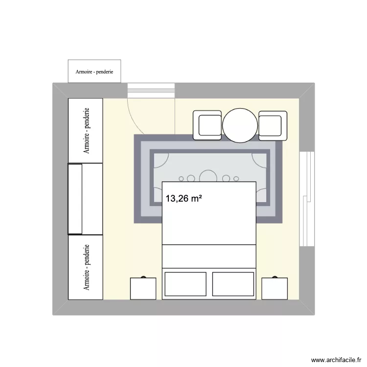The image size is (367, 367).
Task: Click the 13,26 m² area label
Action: point(183,199)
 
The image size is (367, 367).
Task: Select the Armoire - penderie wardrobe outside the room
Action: point(94,71)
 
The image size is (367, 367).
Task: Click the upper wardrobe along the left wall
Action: point(86,131)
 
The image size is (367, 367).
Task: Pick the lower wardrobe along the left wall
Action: point(86,267)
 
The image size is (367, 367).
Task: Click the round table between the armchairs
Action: point(240,125)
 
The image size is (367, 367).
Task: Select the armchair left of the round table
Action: point(207,125)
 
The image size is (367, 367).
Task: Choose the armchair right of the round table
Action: point(273,125)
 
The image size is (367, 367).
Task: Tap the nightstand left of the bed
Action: point(143,288)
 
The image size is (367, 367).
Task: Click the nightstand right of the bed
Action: point(275,288)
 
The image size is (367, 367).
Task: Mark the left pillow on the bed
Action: point(186,284)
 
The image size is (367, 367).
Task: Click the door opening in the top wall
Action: point(151,91)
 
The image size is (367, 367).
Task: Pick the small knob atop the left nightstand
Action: point(144,277)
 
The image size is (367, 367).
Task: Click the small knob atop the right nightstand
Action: point(275,277)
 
